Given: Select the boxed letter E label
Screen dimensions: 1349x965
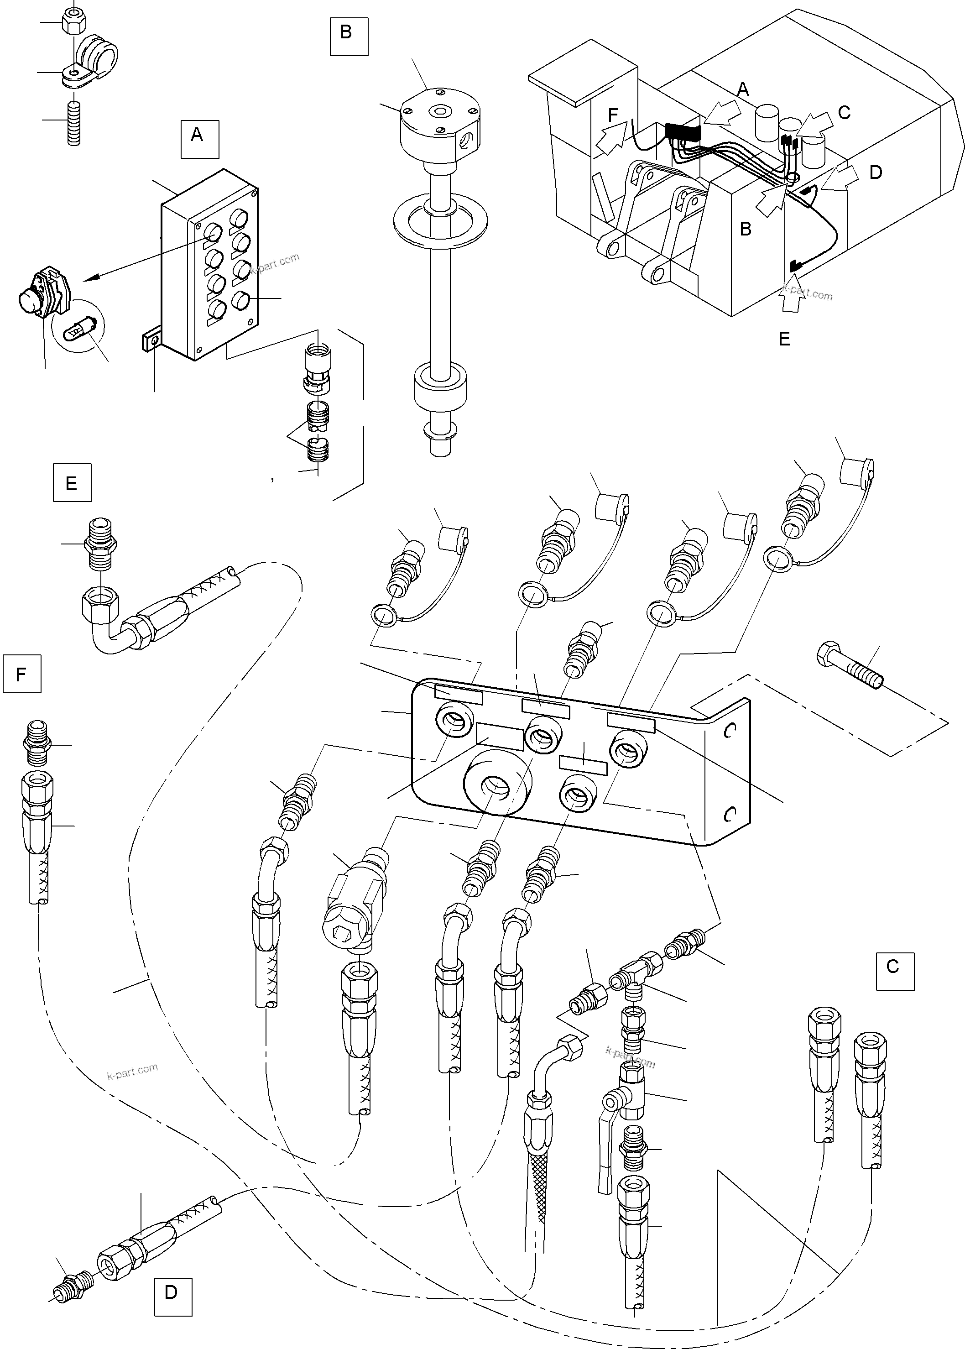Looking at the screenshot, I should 72,482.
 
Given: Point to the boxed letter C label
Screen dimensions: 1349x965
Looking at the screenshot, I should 894,971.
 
